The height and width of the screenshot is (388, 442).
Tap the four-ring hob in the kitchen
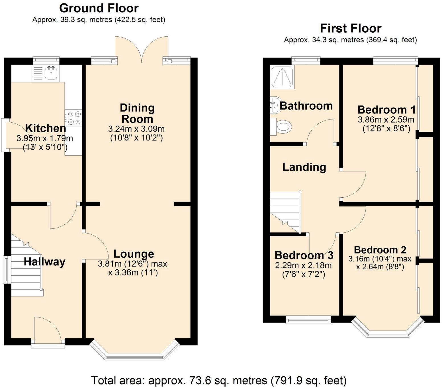tap(73, 118)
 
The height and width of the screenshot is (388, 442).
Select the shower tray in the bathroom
tap(282, 77)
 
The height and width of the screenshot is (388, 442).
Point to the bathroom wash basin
tap(275, 105)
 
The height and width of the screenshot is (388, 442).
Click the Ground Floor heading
tap(99, 8)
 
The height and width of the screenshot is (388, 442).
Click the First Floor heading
tap(350, 28)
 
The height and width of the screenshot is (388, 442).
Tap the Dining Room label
tap(137, 113)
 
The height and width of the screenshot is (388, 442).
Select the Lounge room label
tap(134, 254)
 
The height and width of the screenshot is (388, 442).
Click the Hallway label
tap(44, 262)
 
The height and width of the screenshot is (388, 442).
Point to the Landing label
tap(304, 167)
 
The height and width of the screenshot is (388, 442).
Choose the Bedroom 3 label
tap(304, 255)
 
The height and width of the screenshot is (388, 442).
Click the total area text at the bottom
tap(218, 380)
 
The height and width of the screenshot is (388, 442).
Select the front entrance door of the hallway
tap(48, 330)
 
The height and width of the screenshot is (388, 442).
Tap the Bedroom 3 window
tap(308, 321)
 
